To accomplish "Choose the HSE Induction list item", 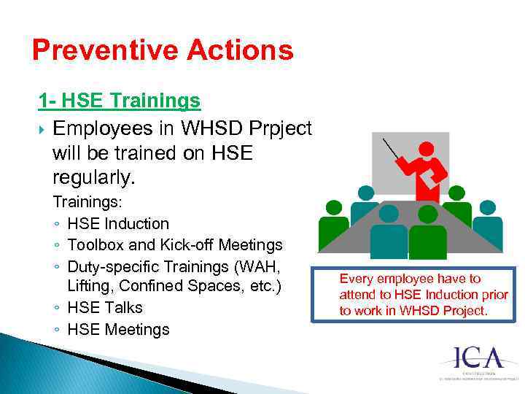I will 117,223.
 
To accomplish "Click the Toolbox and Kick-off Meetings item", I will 174,244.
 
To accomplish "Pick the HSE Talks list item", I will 104,307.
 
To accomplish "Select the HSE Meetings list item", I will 117,329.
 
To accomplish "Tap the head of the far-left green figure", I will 333,206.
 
